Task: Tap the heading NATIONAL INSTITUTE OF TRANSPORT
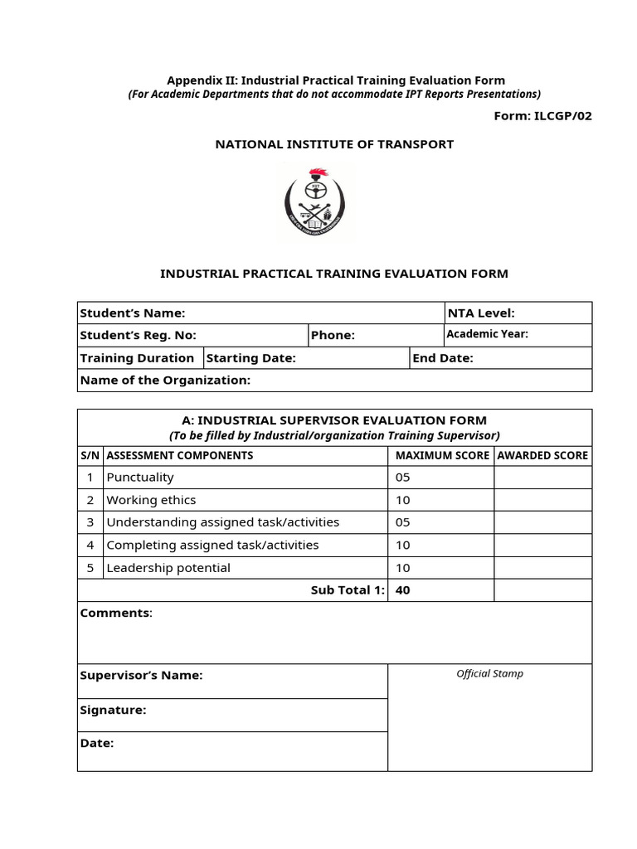click(334, 144)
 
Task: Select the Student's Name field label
click(133, 313)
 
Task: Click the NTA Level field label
click(481, 313)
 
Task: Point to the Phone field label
click(333, 335)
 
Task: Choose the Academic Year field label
click(487, 335)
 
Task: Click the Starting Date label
click(250, 358)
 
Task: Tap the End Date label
click(443, 358)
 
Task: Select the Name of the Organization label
click(165, 380)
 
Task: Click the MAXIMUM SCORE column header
click(441, 455)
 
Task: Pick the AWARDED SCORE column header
click(542, 455)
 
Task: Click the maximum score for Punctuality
click(402, 478)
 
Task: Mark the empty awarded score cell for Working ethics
click(542, 500)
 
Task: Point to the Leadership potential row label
click(168, 568)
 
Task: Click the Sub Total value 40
click(403, 590)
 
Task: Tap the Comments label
click(116, 613)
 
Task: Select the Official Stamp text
click(489, 674)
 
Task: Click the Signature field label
click(113, 710)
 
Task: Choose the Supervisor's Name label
click(141, 675)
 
